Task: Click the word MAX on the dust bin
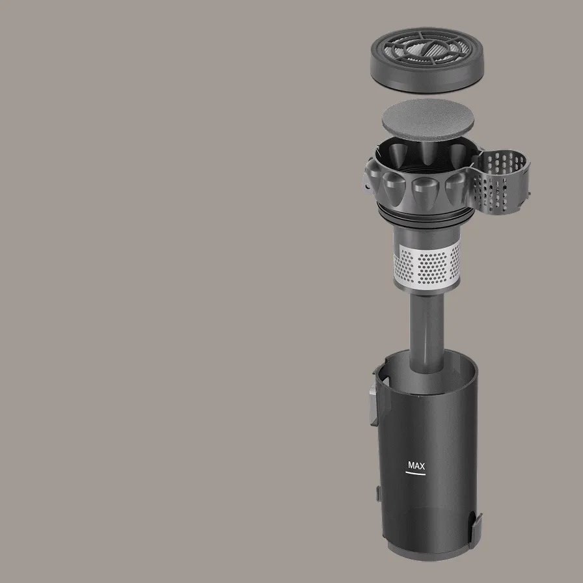click(416, 465)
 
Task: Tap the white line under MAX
click(415, 474)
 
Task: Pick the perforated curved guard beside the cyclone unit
click(500, 182)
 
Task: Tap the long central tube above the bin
click(426, 331)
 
